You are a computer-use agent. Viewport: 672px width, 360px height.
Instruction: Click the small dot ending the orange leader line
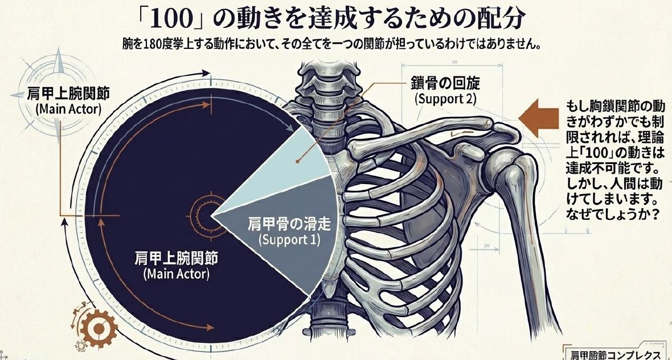(x=297, y=162)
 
